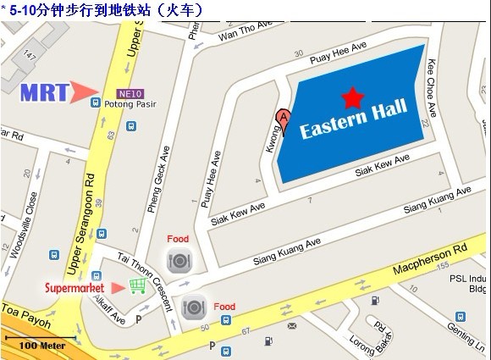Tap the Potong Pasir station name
click(x=125, y=105)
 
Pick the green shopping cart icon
click(x=136, y=286)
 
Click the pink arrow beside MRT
click(x=84, y=91)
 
